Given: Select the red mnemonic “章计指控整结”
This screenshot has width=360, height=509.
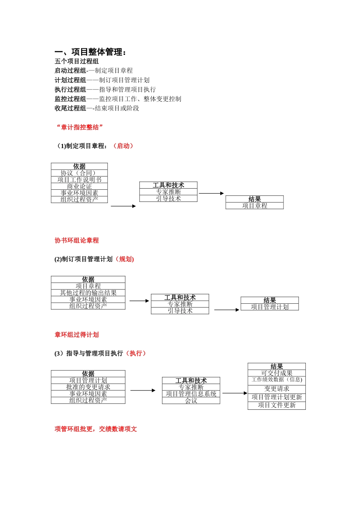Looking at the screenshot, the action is click(x=79, y=127).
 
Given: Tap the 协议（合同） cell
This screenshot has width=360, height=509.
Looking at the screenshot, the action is click(x=79, y=173).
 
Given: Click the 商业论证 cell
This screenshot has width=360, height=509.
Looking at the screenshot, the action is click(x=79, y=186).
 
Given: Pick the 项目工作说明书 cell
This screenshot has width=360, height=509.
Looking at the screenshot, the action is click(x=79, y=180).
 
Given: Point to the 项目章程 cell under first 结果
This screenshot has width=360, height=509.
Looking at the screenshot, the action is click(x=255, y=206).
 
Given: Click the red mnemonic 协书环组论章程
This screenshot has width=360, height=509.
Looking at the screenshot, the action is click(x=77, y=240).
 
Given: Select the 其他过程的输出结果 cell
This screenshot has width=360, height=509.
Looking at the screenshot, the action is click(x=88, y=293).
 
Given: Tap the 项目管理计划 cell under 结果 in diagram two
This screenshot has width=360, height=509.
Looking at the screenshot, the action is click(x=269, y=307).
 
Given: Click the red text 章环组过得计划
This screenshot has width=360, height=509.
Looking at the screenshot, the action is click(x=77, y=335).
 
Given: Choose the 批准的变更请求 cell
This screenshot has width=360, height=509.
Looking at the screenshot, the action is click(x=88, y=387).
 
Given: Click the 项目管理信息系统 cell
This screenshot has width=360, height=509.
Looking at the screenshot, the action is click(x=191, y=394).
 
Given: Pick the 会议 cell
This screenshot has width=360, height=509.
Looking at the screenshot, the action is click(x=191, y=401).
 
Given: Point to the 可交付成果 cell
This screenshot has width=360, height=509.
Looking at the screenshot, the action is click(x=277, y=373).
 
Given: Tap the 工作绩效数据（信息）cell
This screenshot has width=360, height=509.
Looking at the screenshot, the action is click(x=277, y=380).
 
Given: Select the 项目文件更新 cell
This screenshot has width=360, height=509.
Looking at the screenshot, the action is click(x=277, y=405).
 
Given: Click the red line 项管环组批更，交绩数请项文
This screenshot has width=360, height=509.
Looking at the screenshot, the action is click(x=95, y=429).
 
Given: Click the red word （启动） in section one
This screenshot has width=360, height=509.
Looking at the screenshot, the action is click(x=123, y=146).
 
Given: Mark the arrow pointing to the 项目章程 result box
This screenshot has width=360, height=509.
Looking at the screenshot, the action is click(x=211, y=194).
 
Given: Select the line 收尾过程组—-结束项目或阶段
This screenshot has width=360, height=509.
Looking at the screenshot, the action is click(x=97, y=108).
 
